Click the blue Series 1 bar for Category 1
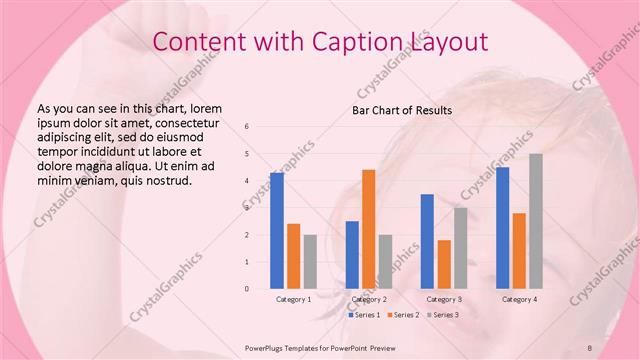277,230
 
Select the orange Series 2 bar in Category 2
369,229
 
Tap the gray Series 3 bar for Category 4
536,221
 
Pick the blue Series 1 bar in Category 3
427,241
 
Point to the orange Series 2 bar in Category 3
444,264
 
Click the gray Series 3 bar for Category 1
310,261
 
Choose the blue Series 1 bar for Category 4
502,227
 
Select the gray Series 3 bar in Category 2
386,261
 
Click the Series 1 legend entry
364,315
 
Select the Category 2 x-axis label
369,299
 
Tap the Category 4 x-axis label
519,299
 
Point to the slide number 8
589,346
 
